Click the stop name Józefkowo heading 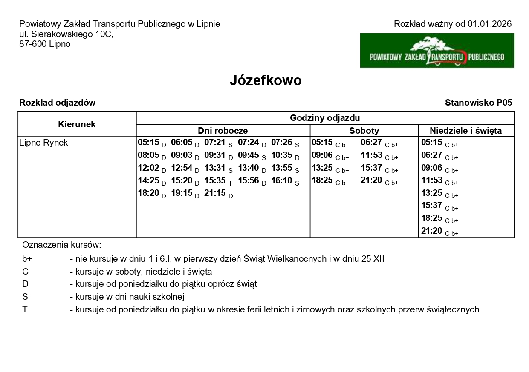pos(265,80)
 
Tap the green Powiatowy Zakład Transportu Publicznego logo pos(437,51)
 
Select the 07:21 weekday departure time pos(215,143)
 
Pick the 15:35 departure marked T pos(215,180)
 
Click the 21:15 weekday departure pos(215,193)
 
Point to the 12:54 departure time pos(182,168)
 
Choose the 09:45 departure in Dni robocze pos(249,155)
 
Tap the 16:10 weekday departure pos(282,180)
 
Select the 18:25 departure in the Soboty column pos(322,180)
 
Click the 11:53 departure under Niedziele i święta pos(432,180)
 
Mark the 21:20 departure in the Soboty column pos(371,180)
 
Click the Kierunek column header pos(77,124)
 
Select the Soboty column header pos(364,131)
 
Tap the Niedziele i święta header pos(465,131)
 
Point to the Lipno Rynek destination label pos(43,143)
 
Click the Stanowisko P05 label pos(478,103)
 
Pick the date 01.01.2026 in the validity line pos(489,24)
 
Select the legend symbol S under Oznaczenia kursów pos(25,297)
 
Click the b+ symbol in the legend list pos(27,259)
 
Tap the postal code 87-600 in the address pos(33,44)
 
